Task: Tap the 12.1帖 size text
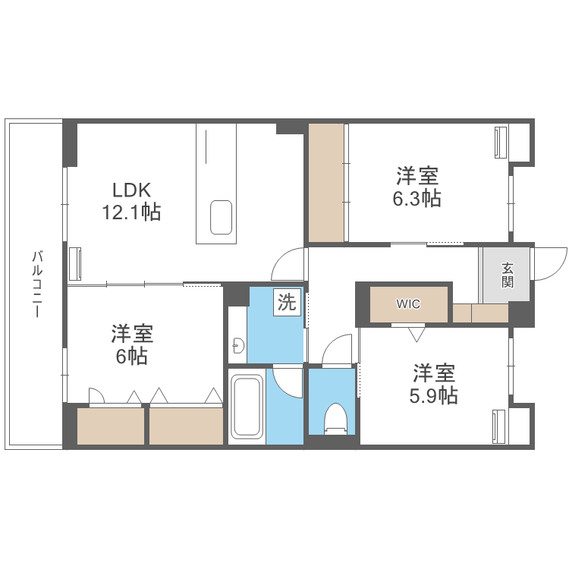[132, 212]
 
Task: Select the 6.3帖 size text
[417, 199]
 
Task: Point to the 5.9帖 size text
[435, 395]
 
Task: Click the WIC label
[407, 304]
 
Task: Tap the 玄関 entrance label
[507, 275]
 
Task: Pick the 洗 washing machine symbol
[287, 302]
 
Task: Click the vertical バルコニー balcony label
[36, 284]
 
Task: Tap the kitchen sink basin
[222, 218]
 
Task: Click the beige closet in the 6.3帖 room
[327, 182]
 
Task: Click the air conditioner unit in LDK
[75, 263]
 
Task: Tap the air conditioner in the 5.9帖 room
[498, 426]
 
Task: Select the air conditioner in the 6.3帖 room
[500, 142]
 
